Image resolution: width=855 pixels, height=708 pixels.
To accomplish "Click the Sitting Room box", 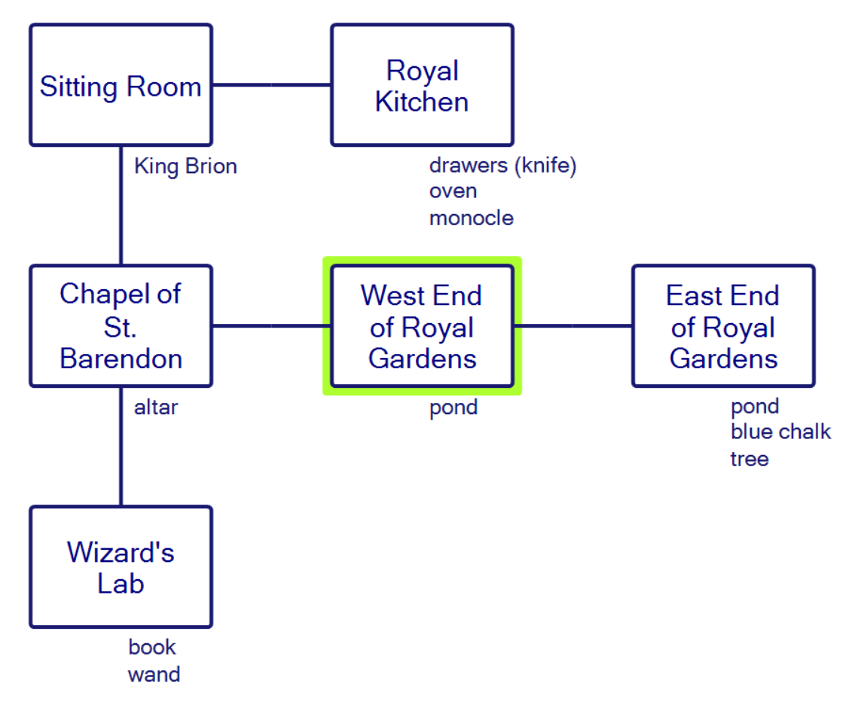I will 121,85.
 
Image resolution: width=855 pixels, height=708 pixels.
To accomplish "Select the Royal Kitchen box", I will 422,85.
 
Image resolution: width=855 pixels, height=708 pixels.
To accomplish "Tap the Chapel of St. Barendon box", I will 121,326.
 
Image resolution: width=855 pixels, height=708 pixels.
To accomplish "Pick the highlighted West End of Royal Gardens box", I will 422,326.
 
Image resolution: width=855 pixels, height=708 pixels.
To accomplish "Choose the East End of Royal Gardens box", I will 723,326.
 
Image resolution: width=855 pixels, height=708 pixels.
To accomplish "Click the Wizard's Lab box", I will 121,567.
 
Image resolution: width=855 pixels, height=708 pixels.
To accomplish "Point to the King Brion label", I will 185,166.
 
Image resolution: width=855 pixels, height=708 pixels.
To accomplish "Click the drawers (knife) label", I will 502,166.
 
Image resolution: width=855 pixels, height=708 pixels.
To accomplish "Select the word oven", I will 453,191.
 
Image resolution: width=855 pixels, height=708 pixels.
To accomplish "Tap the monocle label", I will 472,218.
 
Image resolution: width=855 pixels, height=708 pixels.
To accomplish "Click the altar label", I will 156,408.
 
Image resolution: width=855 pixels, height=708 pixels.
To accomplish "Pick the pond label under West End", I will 453,408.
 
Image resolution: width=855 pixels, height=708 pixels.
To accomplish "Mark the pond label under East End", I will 755,407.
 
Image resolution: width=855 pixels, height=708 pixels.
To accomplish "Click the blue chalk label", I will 780,432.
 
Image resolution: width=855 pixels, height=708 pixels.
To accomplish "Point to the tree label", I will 750,459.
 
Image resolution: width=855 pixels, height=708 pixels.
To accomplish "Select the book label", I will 152,648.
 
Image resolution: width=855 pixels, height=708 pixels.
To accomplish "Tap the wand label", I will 154,674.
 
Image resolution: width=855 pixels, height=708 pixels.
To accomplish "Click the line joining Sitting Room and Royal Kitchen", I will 271,85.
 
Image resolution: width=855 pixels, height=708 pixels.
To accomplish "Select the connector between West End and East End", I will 573,326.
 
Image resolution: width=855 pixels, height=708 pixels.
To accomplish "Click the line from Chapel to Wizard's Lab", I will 121,447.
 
